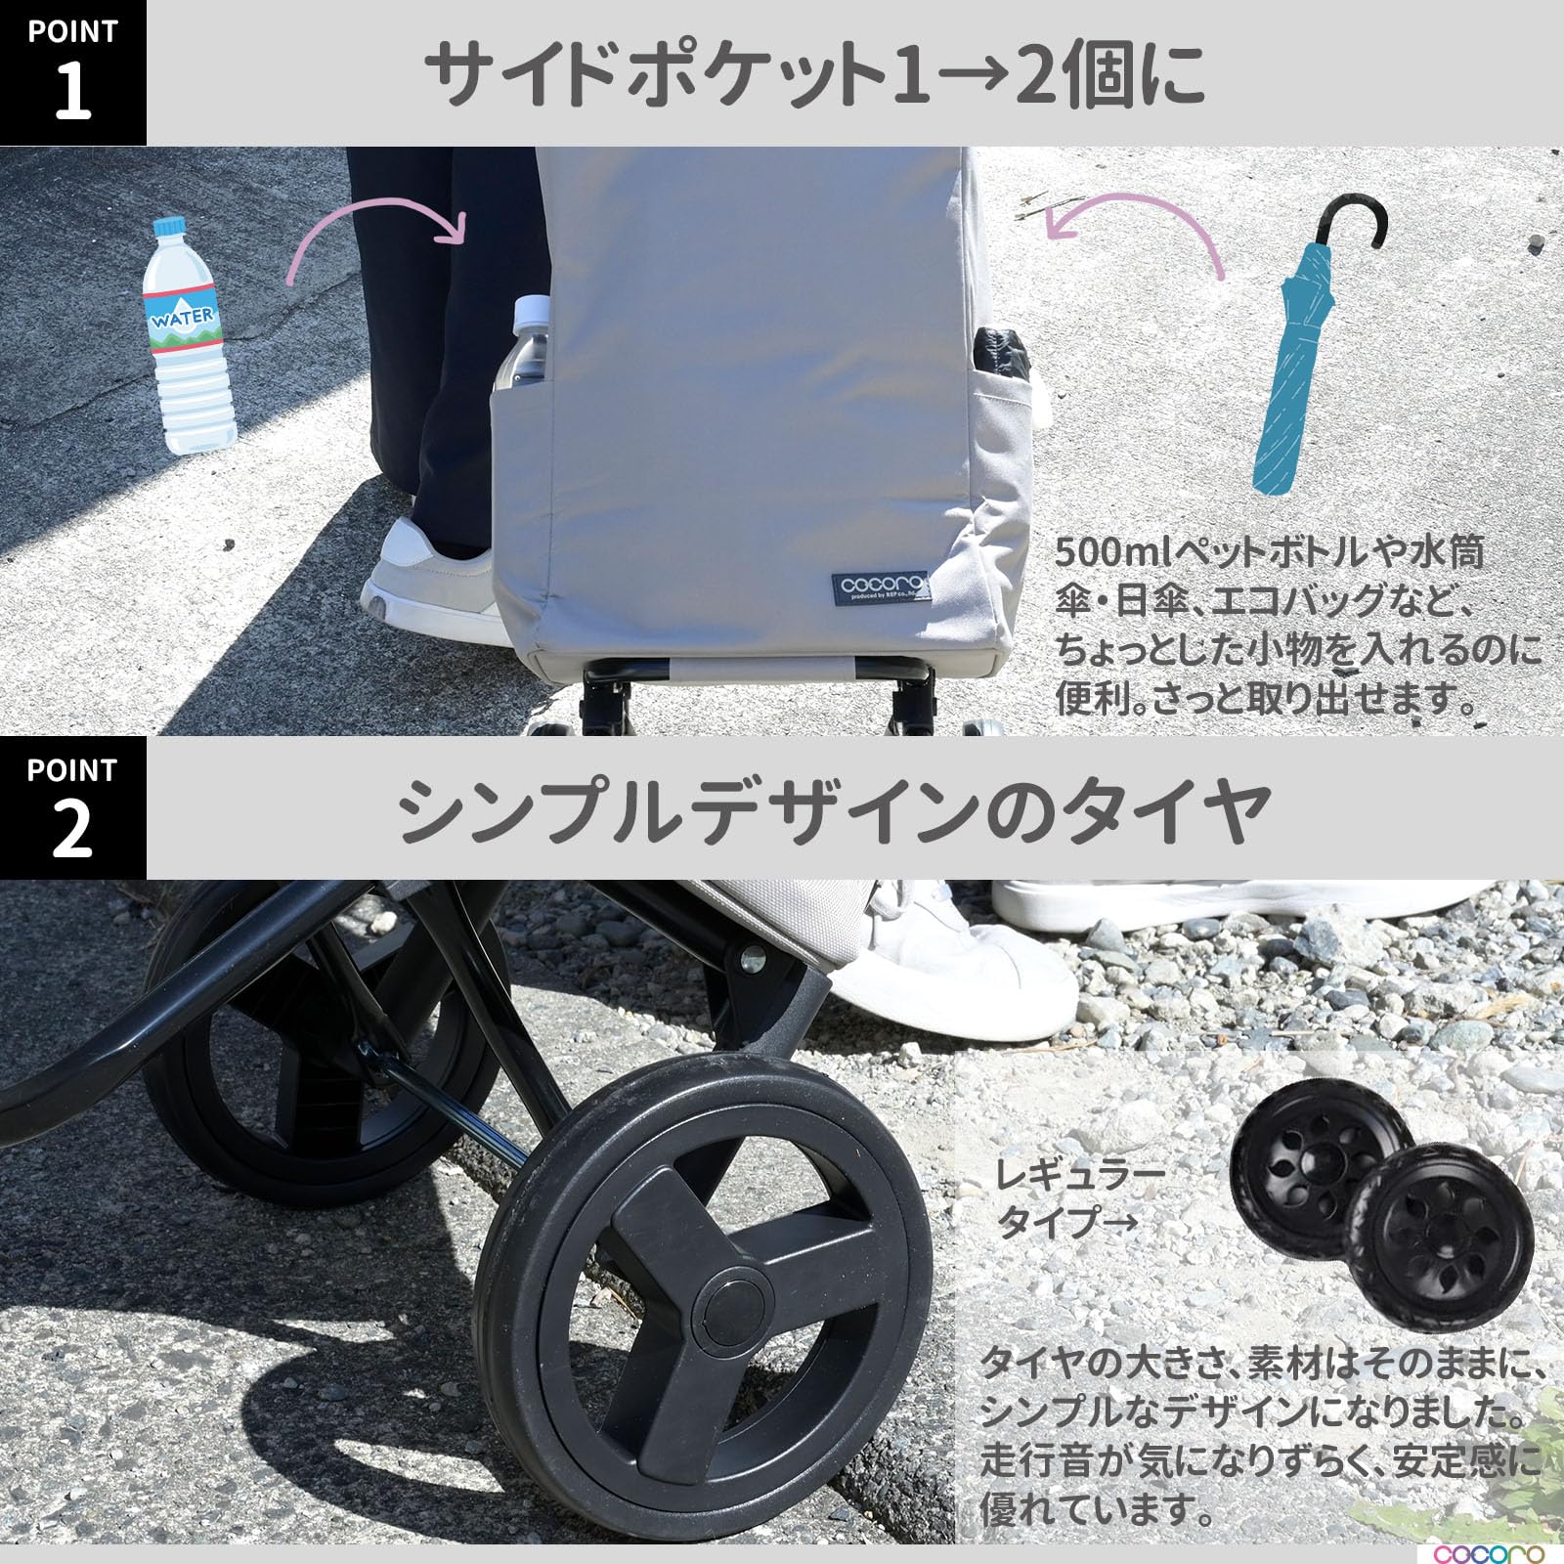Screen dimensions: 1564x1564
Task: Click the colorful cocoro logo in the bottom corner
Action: pos(1491,1552)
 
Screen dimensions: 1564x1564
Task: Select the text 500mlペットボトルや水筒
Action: pos(1269,553)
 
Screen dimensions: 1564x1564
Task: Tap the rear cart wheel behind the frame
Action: pos(293,1056)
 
